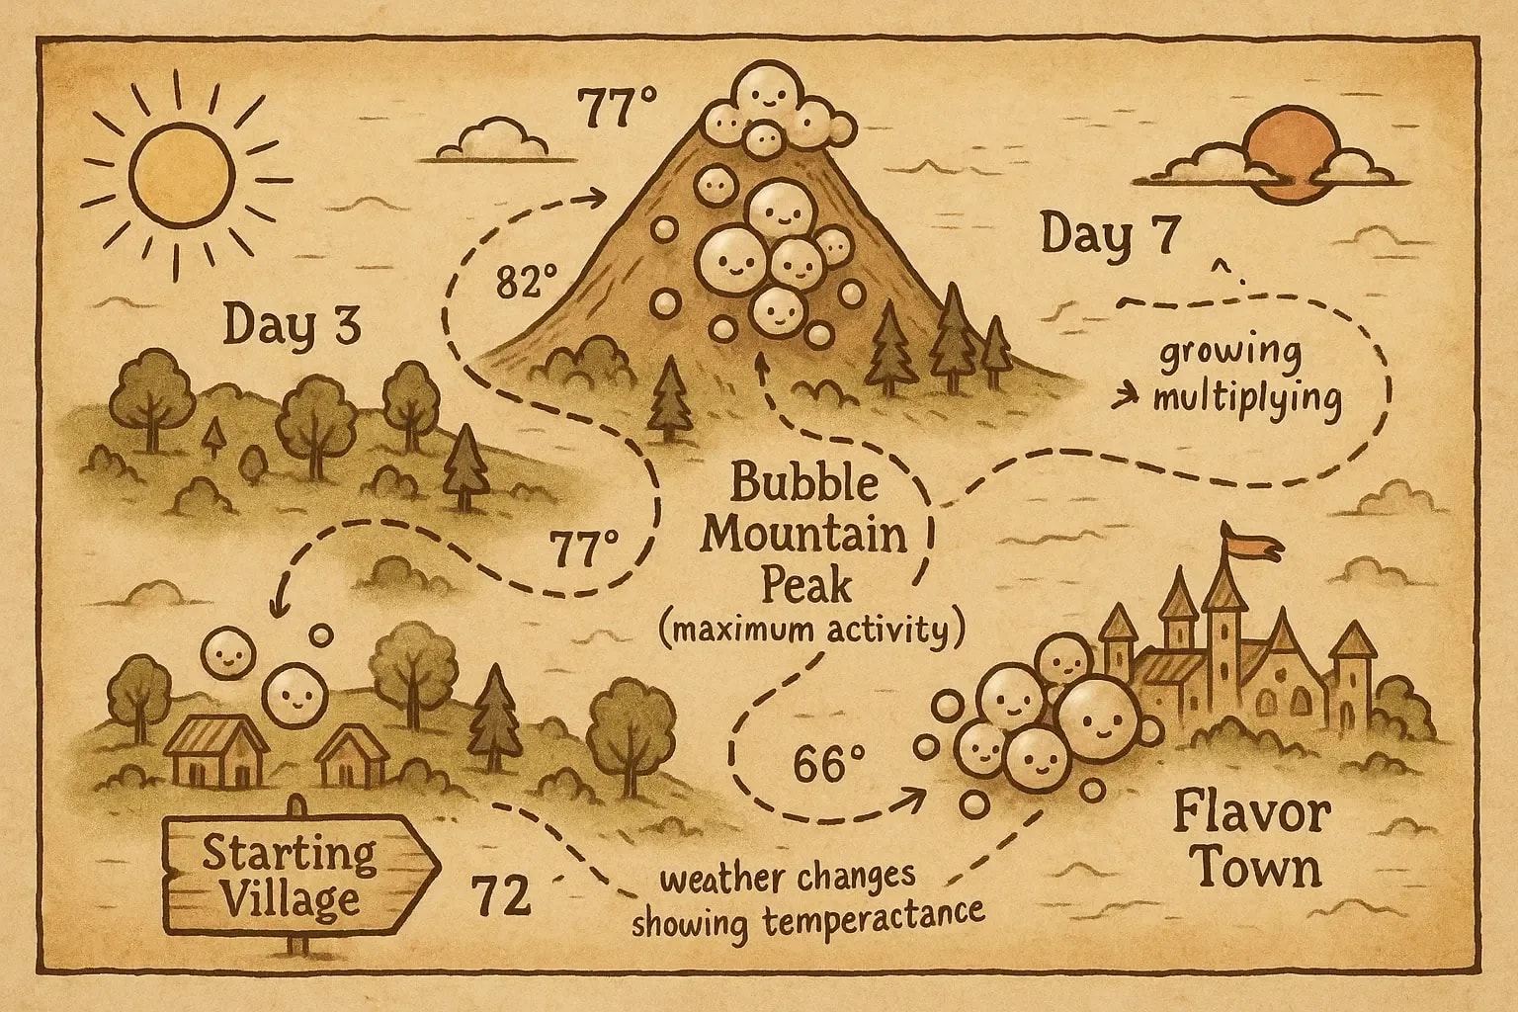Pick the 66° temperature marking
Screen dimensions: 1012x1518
[x=829, y=764]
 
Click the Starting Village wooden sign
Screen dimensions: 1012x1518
[x=292, y=875]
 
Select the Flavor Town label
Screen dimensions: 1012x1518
[x=1251, y=842]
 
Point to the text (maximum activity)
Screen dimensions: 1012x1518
[x=810, y=631]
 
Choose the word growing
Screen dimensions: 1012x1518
[x=1230, y=354]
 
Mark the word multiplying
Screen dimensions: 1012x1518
[x=1246, y=399]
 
